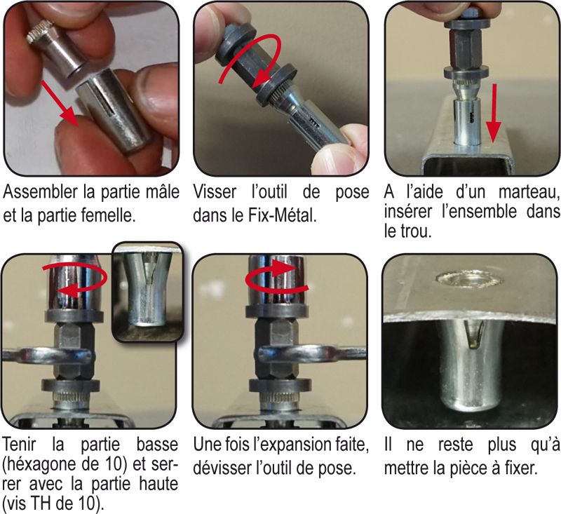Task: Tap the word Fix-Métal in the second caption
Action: pyautogui.click(x=283, y=215)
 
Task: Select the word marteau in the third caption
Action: pyautogui.click(x=529, y=193)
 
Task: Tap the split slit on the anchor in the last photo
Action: pyautogui.click(x=475, y=334)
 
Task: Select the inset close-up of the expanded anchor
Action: pyautogui.click(x=147, y=292)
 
